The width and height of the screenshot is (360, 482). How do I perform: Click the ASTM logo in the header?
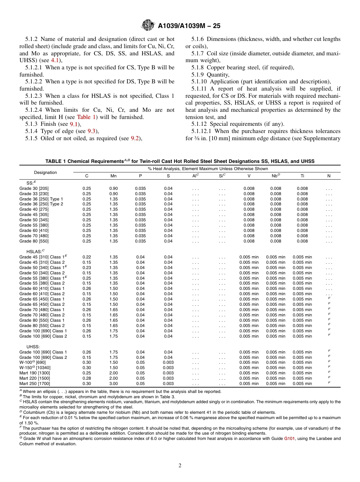tap(147, 25)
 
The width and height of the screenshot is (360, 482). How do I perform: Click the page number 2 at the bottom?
tap(180, 466)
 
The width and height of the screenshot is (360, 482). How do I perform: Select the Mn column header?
tap(113, 176)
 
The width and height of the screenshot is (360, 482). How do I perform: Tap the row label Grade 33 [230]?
tap(34, 194)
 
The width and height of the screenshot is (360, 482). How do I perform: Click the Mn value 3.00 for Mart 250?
tap(113, 383)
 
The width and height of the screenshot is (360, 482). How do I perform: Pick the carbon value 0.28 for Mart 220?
tap(86, 378)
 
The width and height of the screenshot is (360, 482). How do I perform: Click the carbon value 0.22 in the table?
tap(86, 257)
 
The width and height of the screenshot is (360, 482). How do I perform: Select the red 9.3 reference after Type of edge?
tap(92, 131)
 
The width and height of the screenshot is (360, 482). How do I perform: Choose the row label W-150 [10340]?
tap(35, 368)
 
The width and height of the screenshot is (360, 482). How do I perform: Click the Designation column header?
tap(45, 172)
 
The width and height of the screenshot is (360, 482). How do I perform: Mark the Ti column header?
tap(302, 176)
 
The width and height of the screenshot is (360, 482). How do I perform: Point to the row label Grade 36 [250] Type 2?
tap(41, 204)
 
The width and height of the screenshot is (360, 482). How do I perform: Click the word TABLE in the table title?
tap(55, 161)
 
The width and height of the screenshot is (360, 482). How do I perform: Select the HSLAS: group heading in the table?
tap(35, 251)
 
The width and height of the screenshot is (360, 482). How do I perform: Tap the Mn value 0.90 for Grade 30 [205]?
tap(113, 188)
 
